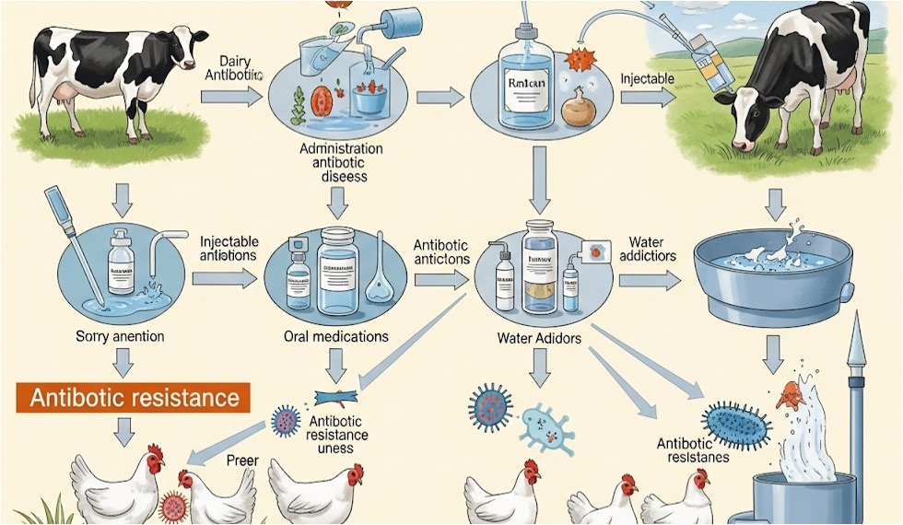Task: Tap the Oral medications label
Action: (335, 336)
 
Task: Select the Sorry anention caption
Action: (120, 336)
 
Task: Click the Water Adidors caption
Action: (538, 338)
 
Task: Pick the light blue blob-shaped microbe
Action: (547, 426)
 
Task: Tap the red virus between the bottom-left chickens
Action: (172, 505)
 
